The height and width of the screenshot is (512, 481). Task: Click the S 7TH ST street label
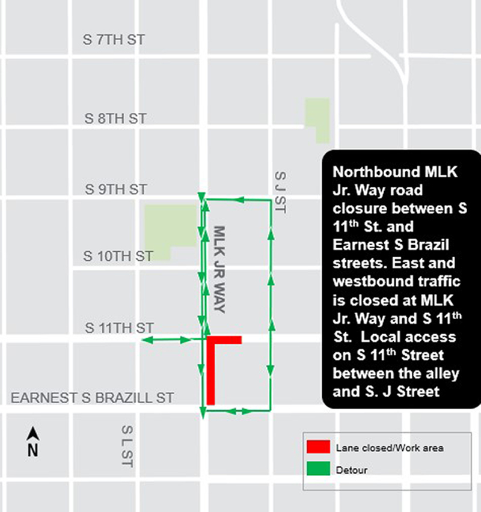click(x=114, y=40)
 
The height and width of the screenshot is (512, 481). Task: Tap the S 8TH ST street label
click(x=115, y=118)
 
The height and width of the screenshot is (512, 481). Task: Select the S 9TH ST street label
click(x=115, y=189)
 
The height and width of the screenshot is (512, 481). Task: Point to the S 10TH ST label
click(x=118, y=257)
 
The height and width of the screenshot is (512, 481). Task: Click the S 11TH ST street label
click(x=119, y=328)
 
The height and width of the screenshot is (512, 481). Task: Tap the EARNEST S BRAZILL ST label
click(x=93, y=398)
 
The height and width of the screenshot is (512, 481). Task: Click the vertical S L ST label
click(x=127, y=446)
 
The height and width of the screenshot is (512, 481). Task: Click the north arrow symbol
click(x=33, y=442)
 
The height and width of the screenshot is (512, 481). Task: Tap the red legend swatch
click(x=318, y=446)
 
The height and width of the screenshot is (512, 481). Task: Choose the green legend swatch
click(x=318, y=469)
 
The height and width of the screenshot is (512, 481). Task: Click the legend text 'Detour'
click(x=352, y=470)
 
